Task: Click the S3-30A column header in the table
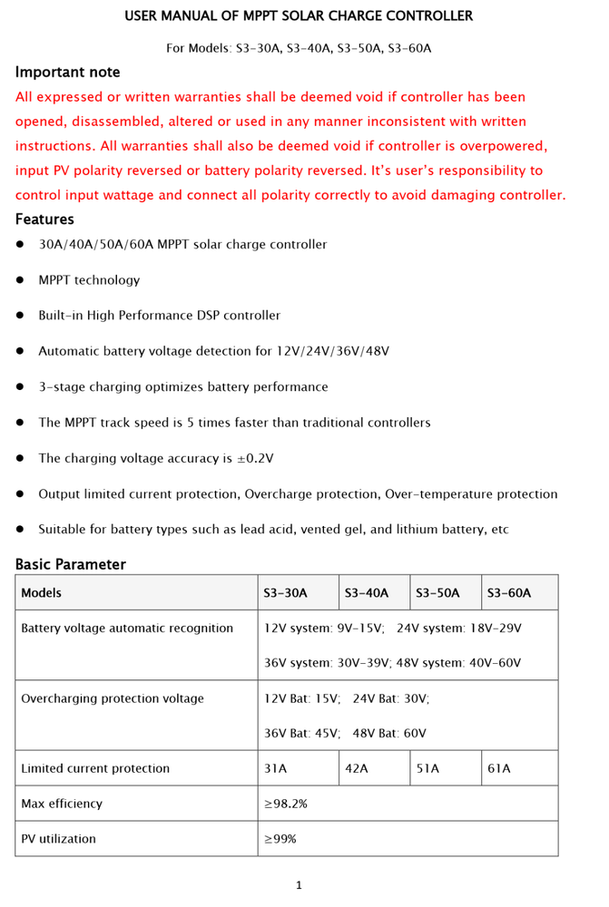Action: (285, 593)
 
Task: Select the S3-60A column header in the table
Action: (508, 593)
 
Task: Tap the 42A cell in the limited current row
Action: (357, 768)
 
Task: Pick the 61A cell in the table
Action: (499, 768)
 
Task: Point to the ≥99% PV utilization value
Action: (280, 839)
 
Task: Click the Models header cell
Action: (42, 593)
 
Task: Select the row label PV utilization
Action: (58, 839)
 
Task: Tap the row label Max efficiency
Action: (62, 804)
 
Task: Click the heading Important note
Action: (67, 73)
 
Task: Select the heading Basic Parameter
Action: (71, 564)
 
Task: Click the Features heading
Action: (44, 219)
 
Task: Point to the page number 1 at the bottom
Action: (299, 885)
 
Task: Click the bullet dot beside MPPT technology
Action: (20, 280)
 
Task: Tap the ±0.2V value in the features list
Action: (255, 459)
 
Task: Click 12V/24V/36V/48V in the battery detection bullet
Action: (332, 352)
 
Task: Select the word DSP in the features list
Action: (208, 316)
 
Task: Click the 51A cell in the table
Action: (427, 768)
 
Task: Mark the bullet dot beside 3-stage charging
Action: (20, 387)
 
